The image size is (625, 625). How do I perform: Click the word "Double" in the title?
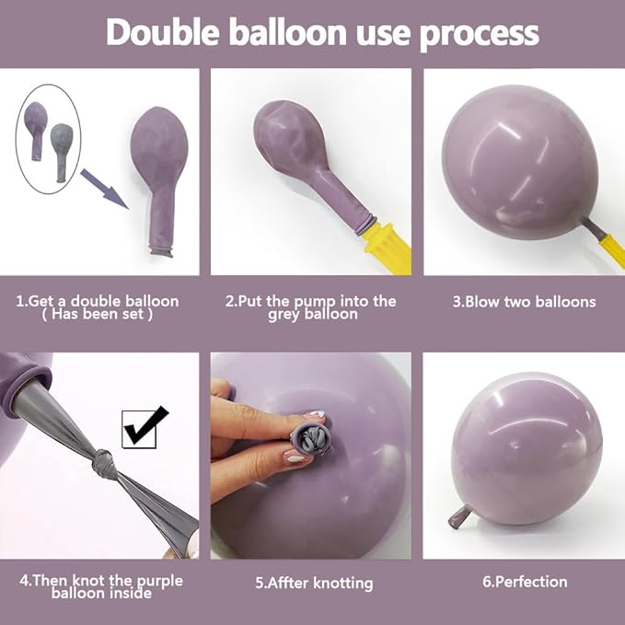(x=163, y=32)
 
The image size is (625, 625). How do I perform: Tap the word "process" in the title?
(x=480, y=35)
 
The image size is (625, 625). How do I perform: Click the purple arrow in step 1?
(x=104, y=189)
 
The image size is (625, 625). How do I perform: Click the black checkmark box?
(x=143, y=428)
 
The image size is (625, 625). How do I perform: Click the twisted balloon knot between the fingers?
(x=311, y=440)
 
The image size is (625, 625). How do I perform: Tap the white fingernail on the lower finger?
(x=295, y=458)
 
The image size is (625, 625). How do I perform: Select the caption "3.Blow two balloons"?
(x=524, y=302)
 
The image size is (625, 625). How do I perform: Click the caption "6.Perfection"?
(x=525, y=582)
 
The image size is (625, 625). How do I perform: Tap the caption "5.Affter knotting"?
(x=314, y=584)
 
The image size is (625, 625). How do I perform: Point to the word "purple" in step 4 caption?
(x=159, y=581)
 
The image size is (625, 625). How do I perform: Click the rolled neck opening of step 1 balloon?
(x=161, y=251)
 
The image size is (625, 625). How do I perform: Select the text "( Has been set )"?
(x=97, y=314)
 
